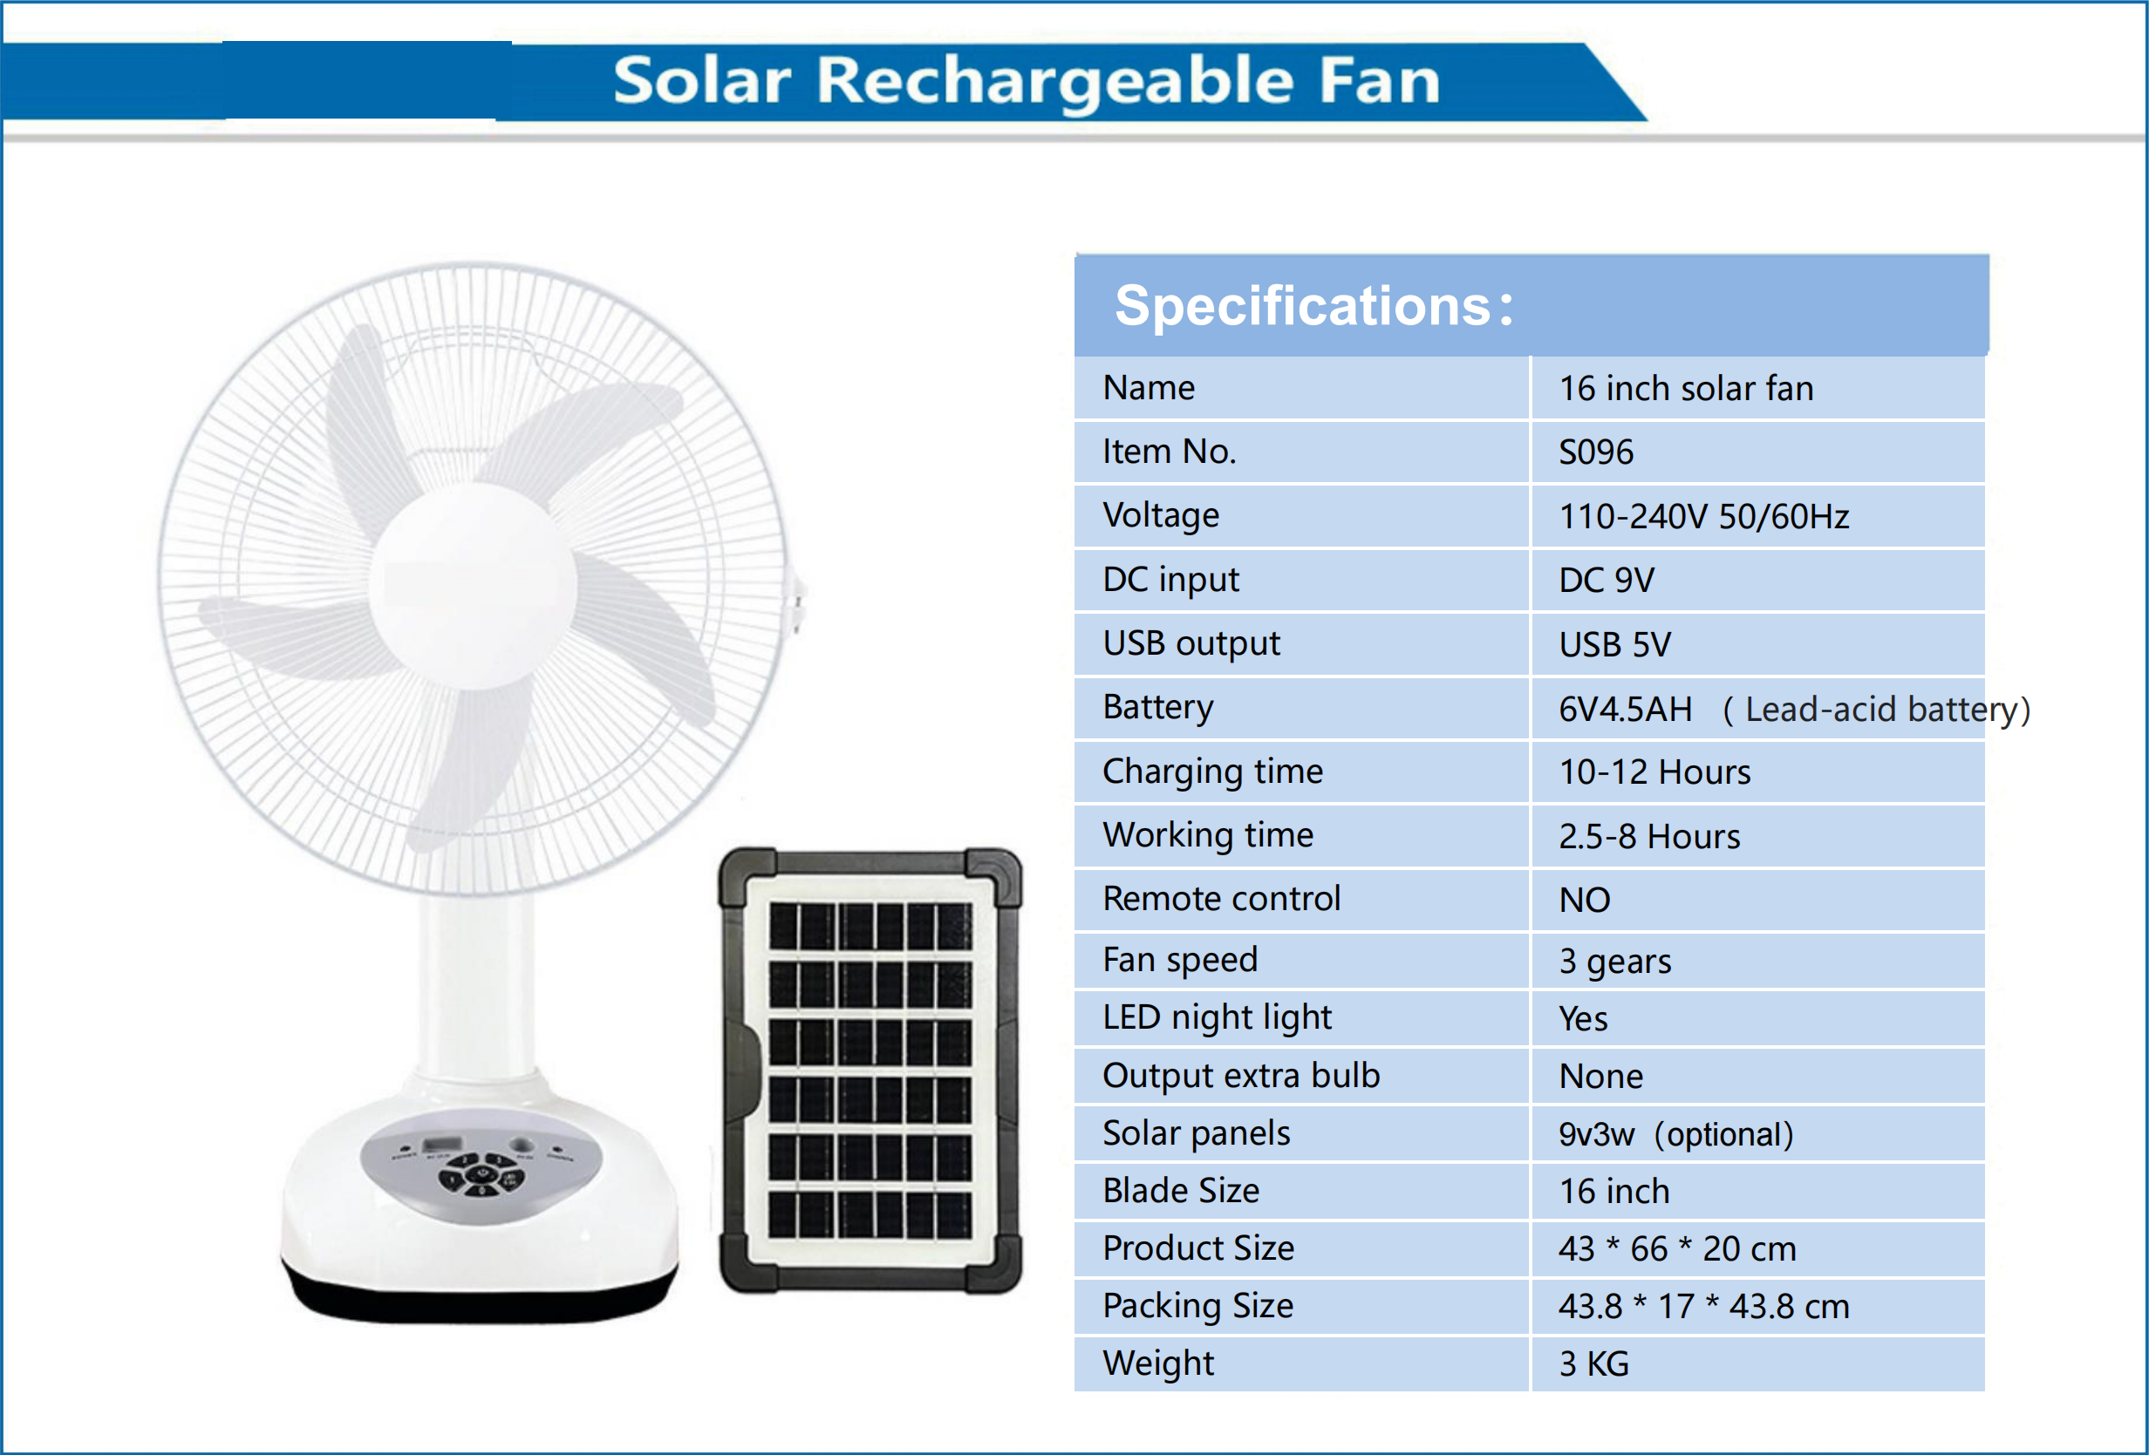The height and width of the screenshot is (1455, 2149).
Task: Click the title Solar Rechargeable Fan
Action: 1027,81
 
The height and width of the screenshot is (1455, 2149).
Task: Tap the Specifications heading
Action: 1313,306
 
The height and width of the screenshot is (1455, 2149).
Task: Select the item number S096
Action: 1596,452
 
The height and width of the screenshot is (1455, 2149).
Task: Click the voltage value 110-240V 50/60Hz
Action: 1703,516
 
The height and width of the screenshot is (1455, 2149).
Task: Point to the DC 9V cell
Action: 1607,580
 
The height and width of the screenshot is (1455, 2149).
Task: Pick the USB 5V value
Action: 1614,644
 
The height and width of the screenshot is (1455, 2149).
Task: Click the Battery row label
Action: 1157,707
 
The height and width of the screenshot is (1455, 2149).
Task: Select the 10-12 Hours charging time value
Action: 1654,772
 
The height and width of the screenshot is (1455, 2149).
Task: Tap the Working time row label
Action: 1208,835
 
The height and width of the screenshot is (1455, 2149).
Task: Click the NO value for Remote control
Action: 1584,900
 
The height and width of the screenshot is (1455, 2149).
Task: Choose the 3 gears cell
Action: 1614,962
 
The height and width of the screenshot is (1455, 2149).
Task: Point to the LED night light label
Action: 1217,1017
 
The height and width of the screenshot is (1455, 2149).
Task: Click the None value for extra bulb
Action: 1600,1076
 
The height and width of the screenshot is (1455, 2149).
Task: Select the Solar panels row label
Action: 1196,1133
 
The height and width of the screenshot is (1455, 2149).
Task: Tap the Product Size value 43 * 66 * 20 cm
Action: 1676,1249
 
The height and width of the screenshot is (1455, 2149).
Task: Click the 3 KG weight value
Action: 1593,1363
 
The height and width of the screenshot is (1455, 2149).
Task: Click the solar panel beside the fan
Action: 870,1071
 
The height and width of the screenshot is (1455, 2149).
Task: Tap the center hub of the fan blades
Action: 474,585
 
